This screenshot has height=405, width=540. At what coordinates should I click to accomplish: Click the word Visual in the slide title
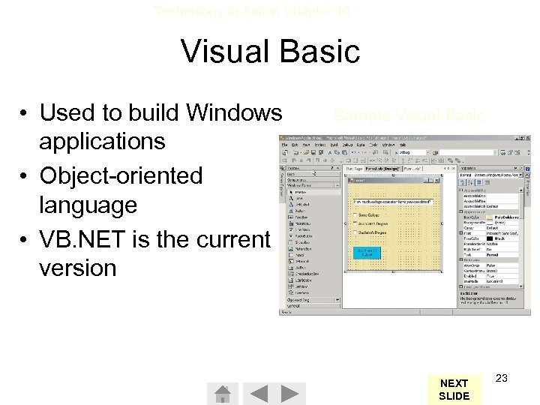coord(223,52)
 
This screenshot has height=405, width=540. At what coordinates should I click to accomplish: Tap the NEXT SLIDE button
coord(454,389)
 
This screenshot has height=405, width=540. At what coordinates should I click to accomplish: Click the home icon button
coord(222,394)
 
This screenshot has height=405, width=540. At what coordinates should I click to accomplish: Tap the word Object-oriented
coord(122,176)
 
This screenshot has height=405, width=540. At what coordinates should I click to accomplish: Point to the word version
coord(80,268)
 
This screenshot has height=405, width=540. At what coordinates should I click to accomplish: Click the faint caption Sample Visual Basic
coord(409,115)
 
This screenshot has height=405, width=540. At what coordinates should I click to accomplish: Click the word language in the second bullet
coord(89,204)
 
